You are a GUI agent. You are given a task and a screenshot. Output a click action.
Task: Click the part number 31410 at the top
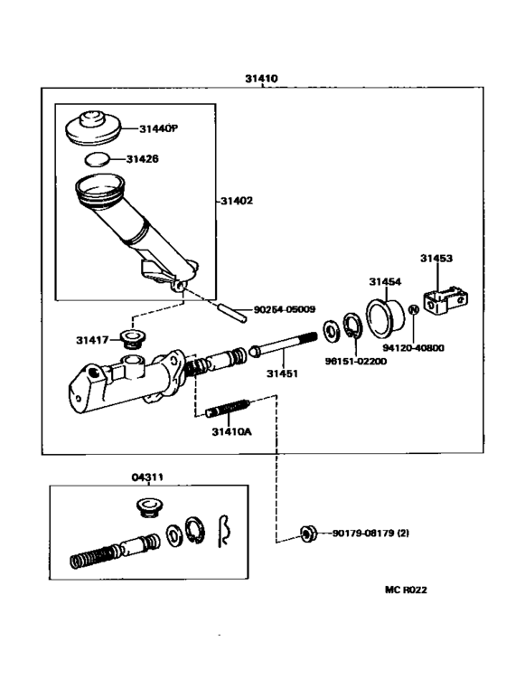[x=261, y=79]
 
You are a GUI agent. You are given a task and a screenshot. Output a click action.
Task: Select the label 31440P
[x=158, y=128]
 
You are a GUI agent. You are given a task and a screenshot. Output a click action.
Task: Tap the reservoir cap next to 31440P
[x=94, y=127]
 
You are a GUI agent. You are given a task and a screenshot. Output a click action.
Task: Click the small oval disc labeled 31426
[x=97, y=159]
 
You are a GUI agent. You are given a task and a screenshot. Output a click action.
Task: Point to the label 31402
[x=237, y=201]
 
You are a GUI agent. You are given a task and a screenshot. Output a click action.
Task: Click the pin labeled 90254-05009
[x=232, y=312]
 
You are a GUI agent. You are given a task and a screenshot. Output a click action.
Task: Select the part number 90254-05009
[x=285, y=309]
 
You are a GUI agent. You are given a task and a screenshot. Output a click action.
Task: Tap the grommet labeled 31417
[x=134, y=339]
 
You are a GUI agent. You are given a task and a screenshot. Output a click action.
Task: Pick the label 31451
[x=282, y=373]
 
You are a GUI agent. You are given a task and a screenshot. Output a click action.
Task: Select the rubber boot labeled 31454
[x=385, y=317]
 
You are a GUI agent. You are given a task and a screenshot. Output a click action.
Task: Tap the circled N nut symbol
[x=414, y=309]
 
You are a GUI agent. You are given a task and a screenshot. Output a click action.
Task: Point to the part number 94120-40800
[x=413, y=348]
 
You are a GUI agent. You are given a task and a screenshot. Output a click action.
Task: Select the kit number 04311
[x=147, y=477]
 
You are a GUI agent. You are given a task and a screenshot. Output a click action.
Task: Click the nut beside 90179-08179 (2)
[x=308, y=533]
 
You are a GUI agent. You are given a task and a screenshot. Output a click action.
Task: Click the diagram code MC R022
[x=406, y=590]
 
